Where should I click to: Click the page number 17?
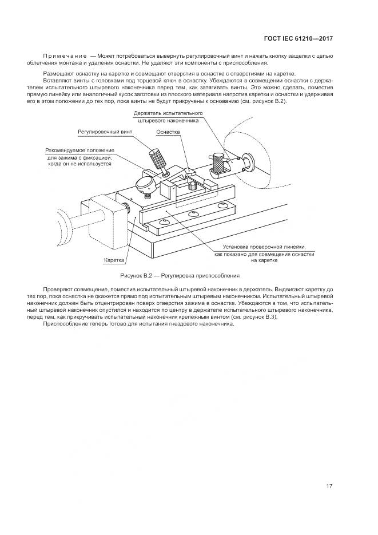tap(329, 486)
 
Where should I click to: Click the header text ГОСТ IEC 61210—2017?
tap(298, 39)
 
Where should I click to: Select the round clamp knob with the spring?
tap(145, 184)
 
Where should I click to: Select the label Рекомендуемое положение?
tap(79, 150)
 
